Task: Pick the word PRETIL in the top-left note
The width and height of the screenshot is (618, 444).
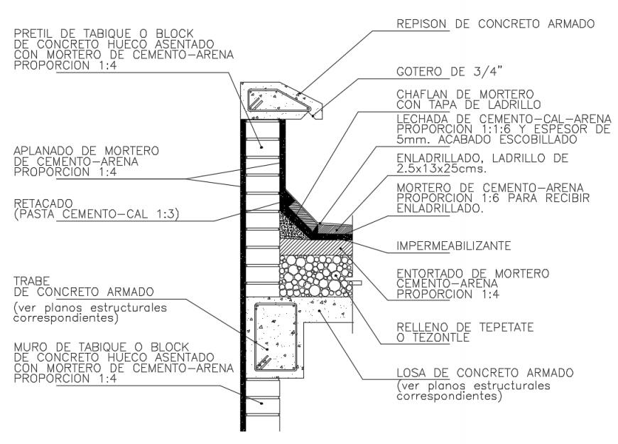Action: tap(31, 31)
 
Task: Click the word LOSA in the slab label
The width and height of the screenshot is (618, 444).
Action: tap(410, 373)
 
